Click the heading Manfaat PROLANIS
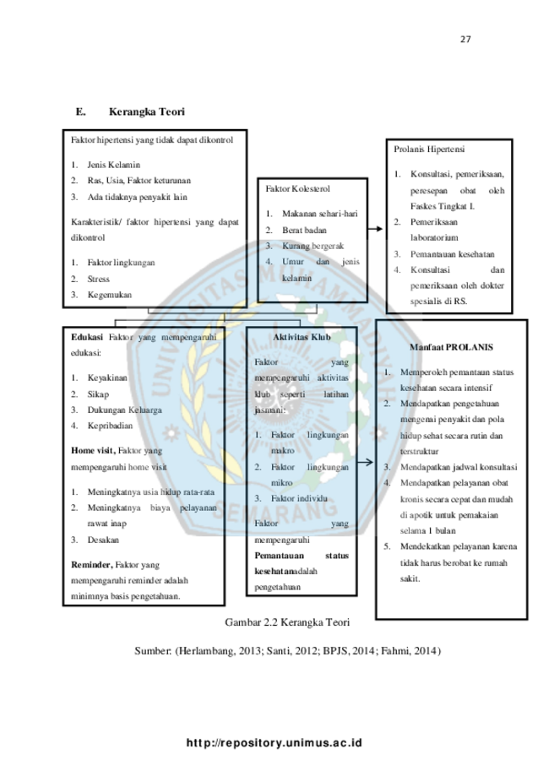coord(451,347)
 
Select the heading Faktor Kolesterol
coord(297,188)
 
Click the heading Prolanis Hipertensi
coord(429,149)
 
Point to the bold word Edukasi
coord(88,337)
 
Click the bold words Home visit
coord(93,451)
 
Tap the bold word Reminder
coord(92,563)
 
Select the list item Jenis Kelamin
coord(113,165)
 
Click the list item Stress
coord(99,278)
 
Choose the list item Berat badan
coord(303,230)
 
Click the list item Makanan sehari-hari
coord(319,214)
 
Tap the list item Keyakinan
coord(107,377)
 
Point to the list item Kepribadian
coord(111,426)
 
